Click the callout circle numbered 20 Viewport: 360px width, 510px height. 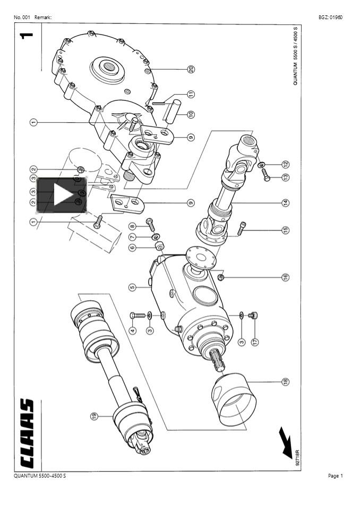(191, 69)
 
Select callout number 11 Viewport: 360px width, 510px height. (191, 94)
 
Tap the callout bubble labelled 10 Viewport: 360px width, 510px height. (191, 114)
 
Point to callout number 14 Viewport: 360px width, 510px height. (285, 202)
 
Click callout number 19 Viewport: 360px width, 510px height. (95, 415)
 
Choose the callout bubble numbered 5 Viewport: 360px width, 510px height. (132, 287)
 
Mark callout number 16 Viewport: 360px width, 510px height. (285, 277)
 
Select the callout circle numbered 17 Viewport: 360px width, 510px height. (255, 342)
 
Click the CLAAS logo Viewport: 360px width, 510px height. (27, 433)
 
